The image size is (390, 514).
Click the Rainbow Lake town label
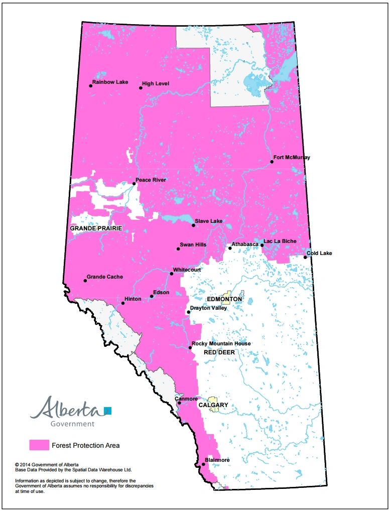[x=110, y=82]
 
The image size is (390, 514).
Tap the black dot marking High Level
[x=141, y=88]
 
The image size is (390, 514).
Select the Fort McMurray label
[x=292, y=158]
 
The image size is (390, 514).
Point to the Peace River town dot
[x=134, y=184]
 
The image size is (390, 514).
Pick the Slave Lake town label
[x=209, y=221]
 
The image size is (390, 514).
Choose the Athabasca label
[x=245, y=244]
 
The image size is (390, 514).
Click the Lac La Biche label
[x=280, y=241]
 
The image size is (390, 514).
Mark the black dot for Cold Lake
[x=305, y=258]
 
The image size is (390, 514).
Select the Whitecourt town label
[x=187, y=270]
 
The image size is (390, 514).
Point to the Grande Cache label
[x=104, y=277]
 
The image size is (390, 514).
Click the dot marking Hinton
[x=123, y=303]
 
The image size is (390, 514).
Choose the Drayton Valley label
[x=208, y=308]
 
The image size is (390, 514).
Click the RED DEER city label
[x=219, y=353]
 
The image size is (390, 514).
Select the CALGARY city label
[x=213, y=405]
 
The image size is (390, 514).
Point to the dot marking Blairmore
[x=203, y=465]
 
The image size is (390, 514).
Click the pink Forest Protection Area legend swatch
[x=39, y=445]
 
